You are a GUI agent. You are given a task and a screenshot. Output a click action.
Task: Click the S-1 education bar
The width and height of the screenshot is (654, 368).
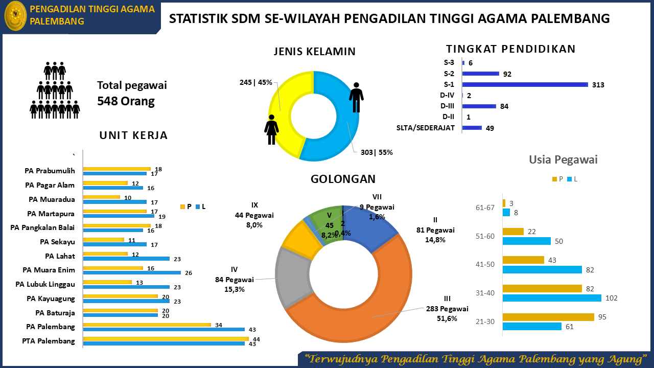point(525,84)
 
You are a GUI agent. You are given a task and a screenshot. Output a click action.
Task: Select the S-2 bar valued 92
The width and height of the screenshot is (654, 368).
point(481,74)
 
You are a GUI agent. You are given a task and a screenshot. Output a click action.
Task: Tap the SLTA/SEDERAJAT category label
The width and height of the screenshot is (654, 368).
point(426,128)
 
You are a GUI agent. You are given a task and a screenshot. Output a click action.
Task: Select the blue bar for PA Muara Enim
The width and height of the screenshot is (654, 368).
point(132,272)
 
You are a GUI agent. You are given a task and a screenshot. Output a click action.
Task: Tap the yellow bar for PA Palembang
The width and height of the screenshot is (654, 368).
point(147,325)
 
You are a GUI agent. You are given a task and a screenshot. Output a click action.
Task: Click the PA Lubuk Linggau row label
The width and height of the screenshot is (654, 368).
point(45,284)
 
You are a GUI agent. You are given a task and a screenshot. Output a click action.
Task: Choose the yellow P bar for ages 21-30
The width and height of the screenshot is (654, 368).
point(548,317)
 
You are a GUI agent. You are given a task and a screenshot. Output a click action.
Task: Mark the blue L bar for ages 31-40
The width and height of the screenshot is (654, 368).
point(552,298)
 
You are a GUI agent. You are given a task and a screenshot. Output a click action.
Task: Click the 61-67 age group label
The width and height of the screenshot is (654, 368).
point(485,208)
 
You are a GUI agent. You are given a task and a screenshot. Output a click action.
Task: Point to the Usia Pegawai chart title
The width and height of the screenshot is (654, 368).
point(563,159)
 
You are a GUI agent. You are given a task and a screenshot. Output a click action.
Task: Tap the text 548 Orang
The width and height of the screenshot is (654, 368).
point(126,101)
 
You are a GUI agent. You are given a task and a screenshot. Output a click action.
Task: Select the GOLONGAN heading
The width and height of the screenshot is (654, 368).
point(343,179)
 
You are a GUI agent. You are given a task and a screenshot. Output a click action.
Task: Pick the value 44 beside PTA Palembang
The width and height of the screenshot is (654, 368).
point(256,339)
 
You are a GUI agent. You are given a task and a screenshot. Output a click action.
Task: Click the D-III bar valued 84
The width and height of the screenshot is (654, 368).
point(479,106)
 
